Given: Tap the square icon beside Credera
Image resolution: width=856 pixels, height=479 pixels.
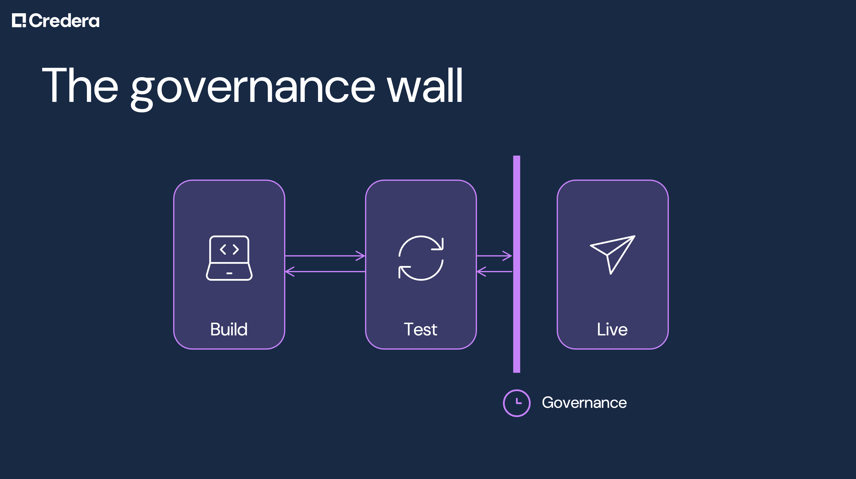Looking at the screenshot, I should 18,20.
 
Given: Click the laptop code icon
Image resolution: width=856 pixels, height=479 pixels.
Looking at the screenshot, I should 229,258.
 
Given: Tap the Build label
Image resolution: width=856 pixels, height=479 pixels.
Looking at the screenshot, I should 229,329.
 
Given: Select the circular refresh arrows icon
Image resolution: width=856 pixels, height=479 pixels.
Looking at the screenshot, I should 421,258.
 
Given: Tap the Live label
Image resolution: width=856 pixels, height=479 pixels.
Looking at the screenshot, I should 612,329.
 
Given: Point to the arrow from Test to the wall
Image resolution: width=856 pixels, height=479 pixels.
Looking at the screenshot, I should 494,256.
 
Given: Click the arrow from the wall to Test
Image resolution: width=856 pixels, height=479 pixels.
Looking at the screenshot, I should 494,272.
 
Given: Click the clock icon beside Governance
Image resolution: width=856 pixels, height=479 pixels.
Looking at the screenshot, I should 516,403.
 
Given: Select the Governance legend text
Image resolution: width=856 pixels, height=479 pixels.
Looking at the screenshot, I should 584,403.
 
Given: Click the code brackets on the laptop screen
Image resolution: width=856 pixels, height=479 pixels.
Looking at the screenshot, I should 229,249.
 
